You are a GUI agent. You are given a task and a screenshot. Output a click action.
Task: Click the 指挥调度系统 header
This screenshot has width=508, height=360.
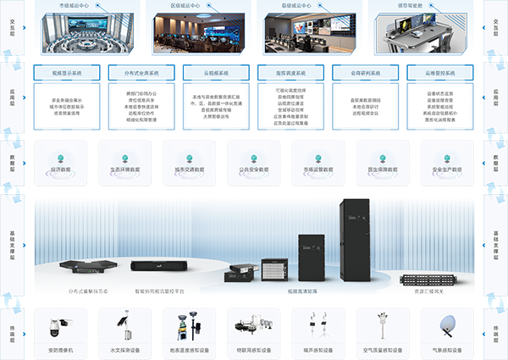pos(291,73)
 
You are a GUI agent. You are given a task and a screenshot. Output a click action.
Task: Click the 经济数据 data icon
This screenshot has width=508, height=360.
pos(59,158)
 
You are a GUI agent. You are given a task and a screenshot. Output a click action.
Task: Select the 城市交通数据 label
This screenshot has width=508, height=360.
pos(189,169)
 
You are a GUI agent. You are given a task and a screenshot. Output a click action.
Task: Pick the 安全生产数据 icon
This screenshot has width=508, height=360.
pos(447,158)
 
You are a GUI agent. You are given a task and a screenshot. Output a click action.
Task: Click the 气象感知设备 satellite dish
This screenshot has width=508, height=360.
pos(447,326)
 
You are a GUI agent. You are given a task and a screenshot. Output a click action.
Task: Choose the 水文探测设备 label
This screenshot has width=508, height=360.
pos(124,349)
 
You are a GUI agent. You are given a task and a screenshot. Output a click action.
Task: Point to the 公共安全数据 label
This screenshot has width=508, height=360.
pos(253,169)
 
